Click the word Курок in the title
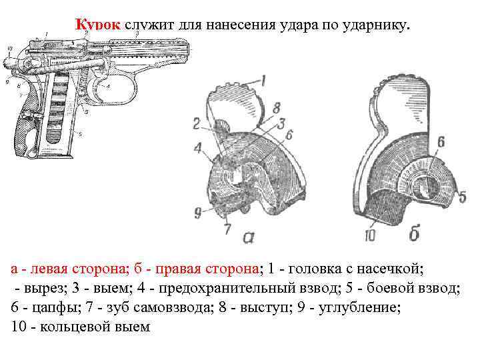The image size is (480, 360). (97, 25)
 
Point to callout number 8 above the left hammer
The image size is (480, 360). (277, 107)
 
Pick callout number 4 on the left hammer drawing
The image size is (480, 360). (198, 148)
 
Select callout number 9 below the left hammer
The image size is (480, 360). (198, 213)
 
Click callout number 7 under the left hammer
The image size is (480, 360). (227, 229)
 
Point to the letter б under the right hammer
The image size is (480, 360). (414, 234)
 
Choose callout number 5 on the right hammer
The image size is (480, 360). (462, 197)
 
